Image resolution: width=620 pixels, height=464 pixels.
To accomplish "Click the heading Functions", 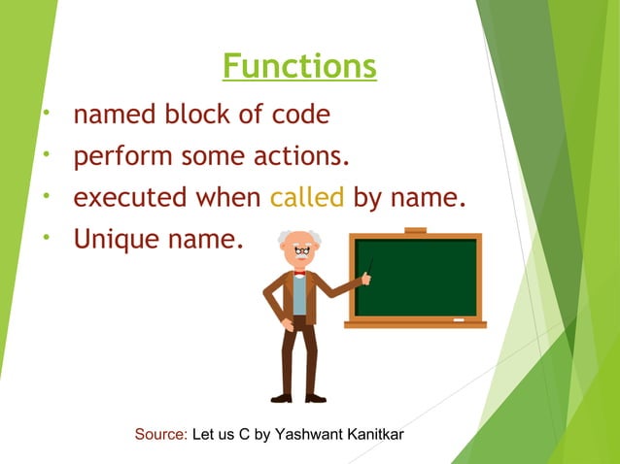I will pos(299,67).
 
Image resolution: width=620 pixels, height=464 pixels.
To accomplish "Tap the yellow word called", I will pos(307,198).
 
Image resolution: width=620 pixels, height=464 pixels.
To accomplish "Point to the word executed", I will pos(132,198).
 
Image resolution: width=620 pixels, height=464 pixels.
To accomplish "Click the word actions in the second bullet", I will pos(300,156).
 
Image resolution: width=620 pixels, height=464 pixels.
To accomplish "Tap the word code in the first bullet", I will pos(296,116).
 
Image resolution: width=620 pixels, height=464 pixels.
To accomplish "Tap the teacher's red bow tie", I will pos(299,274).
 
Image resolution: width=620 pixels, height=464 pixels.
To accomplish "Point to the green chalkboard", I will pos(415,278).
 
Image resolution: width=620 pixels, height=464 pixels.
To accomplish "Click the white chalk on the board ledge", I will pos(458,319).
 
